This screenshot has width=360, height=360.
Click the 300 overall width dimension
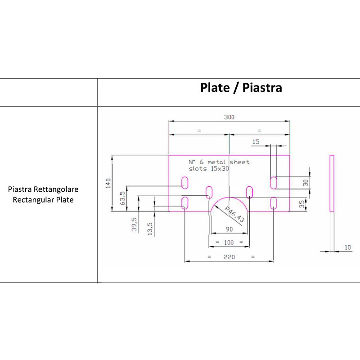[x=229, y=117]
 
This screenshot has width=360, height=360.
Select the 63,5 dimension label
[x=122, y=198]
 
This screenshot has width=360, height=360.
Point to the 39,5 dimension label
[x=134, y=225]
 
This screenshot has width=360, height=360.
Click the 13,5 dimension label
[x=150, y=229]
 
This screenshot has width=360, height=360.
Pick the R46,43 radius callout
[x=234, y=214]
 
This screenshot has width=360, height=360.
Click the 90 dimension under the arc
[x=229, y=229]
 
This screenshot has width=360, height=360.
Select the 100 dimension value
[x=229, y=243]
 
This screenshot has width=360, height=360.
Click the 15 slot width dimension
[x=256, y=142]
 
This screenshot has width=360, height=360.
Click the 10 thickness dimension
[x=347, y=247]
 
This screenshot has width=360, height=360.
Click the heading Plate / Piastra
[x=241, y=88]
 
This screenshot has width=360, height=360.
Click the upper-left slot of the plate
[x=184, y=182]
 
